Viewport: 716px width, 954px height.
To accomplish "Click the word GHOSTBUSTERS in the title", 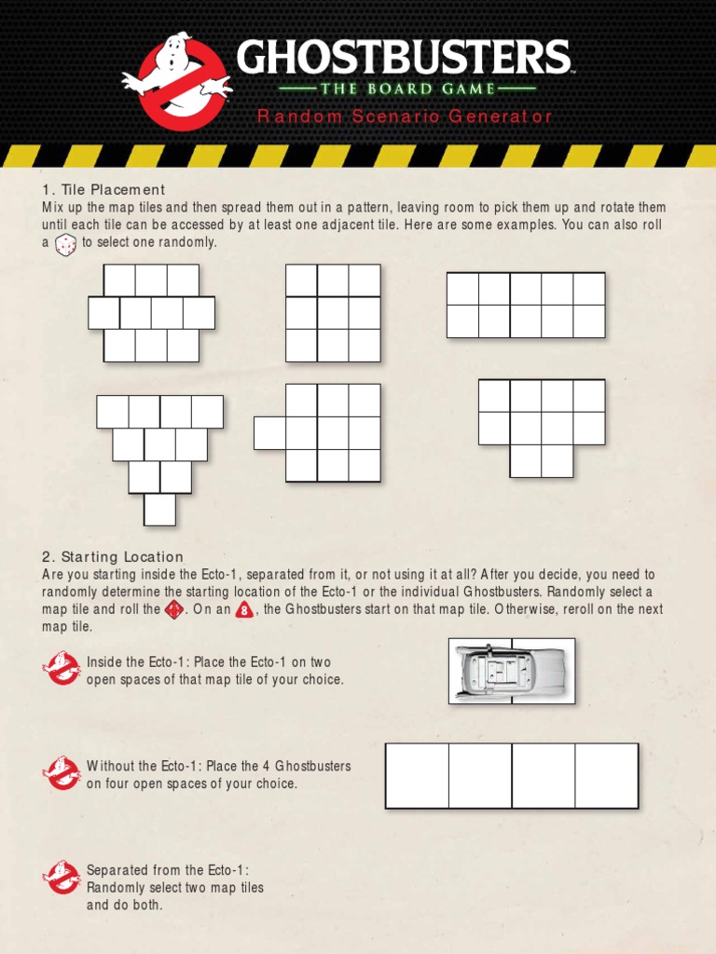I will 403,59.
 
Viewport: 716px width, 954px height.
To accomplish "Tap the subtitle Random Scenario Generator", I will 405,116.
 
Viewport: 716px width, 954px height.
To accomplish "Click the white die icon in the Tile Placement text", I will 66,244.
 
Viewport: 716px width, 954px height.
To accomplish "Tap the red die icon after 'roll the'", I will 174,610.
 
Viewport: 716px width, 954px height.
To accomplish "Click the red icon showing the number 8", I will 244,611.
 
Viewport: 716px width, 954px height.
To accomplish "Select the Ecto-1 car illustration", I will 511,671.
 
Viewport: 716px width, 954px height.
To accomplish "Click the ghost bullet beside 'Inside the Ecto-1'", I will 62,668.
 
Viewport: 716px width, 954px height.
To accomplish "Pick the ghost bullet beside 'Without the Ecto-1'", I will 62,772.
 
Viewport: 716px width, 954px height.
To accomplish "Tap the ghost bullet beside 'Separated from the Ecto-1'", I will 62,877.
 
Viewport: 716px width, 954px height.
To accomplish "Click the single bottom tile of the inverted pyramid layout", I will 159,509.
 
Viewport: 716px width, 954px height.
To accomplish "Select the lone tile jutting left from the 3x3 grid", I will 270,433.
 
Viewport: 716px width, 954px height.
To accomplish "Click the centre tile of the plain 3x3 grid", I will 334,313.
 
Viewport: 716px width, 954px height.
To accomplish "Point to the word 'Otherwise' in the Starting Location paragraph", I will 525,609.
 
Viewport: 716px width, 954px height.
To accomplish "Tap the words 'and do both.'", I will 125,906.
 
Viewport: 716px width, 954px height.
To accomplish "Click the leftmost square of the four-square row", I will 418,775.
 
